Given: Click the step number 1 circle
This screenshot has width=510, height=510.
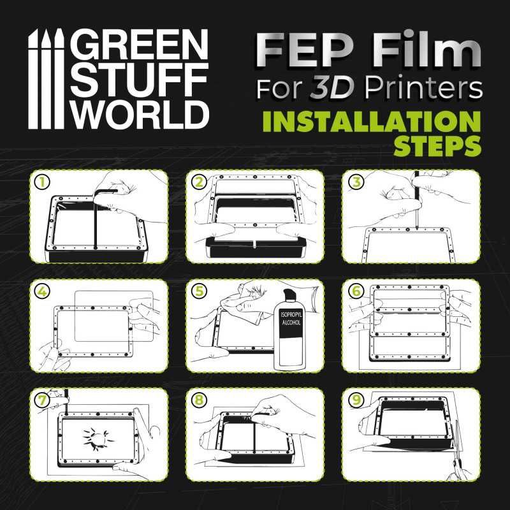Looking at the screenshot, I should pos(43,182).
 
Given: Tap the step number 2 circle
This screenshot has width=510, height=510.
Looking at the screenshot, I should pos(200,182).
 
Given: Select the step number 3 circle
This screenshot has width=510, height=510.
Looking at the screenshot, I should pos(356,182).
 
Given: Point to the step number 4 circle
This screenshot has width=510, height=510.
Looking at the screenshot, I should pos(43,291).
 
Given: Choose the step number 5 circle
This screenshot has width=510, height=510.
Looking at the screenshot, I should pos(200,291).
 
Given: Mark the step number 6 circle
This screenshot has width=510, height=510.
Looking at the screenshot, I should pos(356,291).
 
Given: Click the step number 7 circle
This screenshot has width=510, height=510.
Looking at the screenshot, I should pos(43,400).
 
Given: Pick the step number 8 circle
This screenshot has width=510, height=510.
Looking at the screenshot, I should pos(200,400).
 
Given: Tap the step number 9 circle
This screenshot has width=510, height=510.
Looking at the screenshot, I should pos(356,400).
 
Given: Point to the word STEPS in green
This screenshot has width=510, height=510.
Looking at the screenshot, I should pos(437,147).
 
